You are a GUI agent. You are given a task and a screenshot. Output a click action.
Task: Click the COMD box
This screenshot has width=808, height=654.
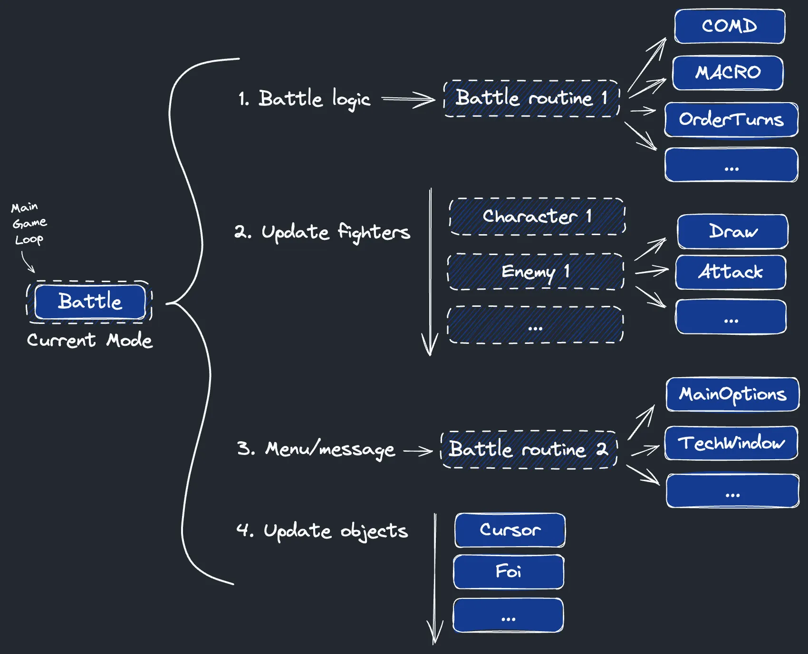(x=730, y=26)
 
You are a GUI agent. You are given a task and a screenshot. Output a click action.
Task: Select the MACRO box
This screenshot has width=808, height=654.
(x=728, y=73)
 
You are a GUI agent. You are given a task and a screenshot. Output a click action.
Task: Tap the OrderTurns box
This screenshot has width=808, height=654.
(x=731, y=119)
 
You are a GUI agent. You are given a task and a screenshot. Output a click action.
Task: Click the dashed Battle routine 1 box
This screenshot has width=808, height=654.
(x=531, y=98)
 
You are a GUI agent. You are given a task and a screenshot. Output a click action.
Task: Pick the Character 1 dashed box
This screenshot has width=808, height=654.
(x=537, y=217)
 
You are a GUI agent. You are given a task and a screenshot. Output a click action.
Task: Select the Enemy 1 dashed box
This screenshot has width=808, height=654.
(x=536, y=272)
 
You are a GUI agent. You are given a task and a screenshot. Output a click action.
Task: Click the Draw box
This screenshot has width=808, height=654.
(x=732, y=231)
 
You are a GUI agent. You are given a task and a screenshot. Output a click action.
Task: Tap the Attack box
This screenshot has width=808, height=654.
(x=731, y=272)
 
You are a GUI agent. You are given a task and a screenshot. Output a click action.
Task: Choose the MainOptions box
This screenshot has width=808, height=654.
(x=732, y=394)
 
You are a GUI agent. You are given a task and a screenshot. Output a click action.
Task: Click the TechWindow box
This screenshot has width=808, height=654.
(x=731, y=443)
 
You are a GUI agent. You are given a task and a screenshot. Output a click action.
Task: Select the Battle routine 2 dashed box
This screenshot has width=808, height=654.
(x=529, y=449)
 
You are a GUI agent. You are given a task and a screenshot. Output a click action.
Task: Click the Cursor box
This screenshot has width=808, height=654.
(x=510, y=530)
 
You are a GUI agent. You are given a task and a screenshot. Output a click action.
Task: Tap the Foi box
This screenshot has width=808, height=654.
(x=509, y=571)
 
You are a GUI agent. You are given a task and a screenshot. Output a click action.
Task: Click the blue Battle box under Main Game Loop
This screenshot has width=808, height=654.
(x=90, y=302)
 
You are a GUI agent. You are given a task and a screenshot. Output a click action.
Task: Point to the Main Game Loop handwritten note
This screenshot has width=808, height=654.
(x=29, y=223)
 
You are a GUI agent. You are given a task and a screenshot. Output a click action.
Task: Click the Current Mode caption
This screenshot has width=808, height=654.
(x=90, y=340)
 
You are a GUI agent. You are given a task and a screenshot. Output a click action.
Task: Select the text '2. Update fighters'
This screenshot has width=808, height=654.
(x=322, y=232)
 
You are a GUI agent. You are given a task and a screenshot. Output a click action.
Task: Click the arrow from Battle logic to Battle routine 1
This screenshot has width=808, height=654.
(x=408, y=99)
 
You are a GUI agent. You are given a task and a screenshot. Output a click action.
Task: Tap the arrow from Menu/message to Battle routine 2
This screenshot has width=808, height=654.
(x=418, y=450)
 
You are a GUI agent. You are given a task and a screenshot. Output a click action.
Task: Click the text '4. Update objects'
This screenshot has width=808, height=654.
(x=322, y=531)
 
